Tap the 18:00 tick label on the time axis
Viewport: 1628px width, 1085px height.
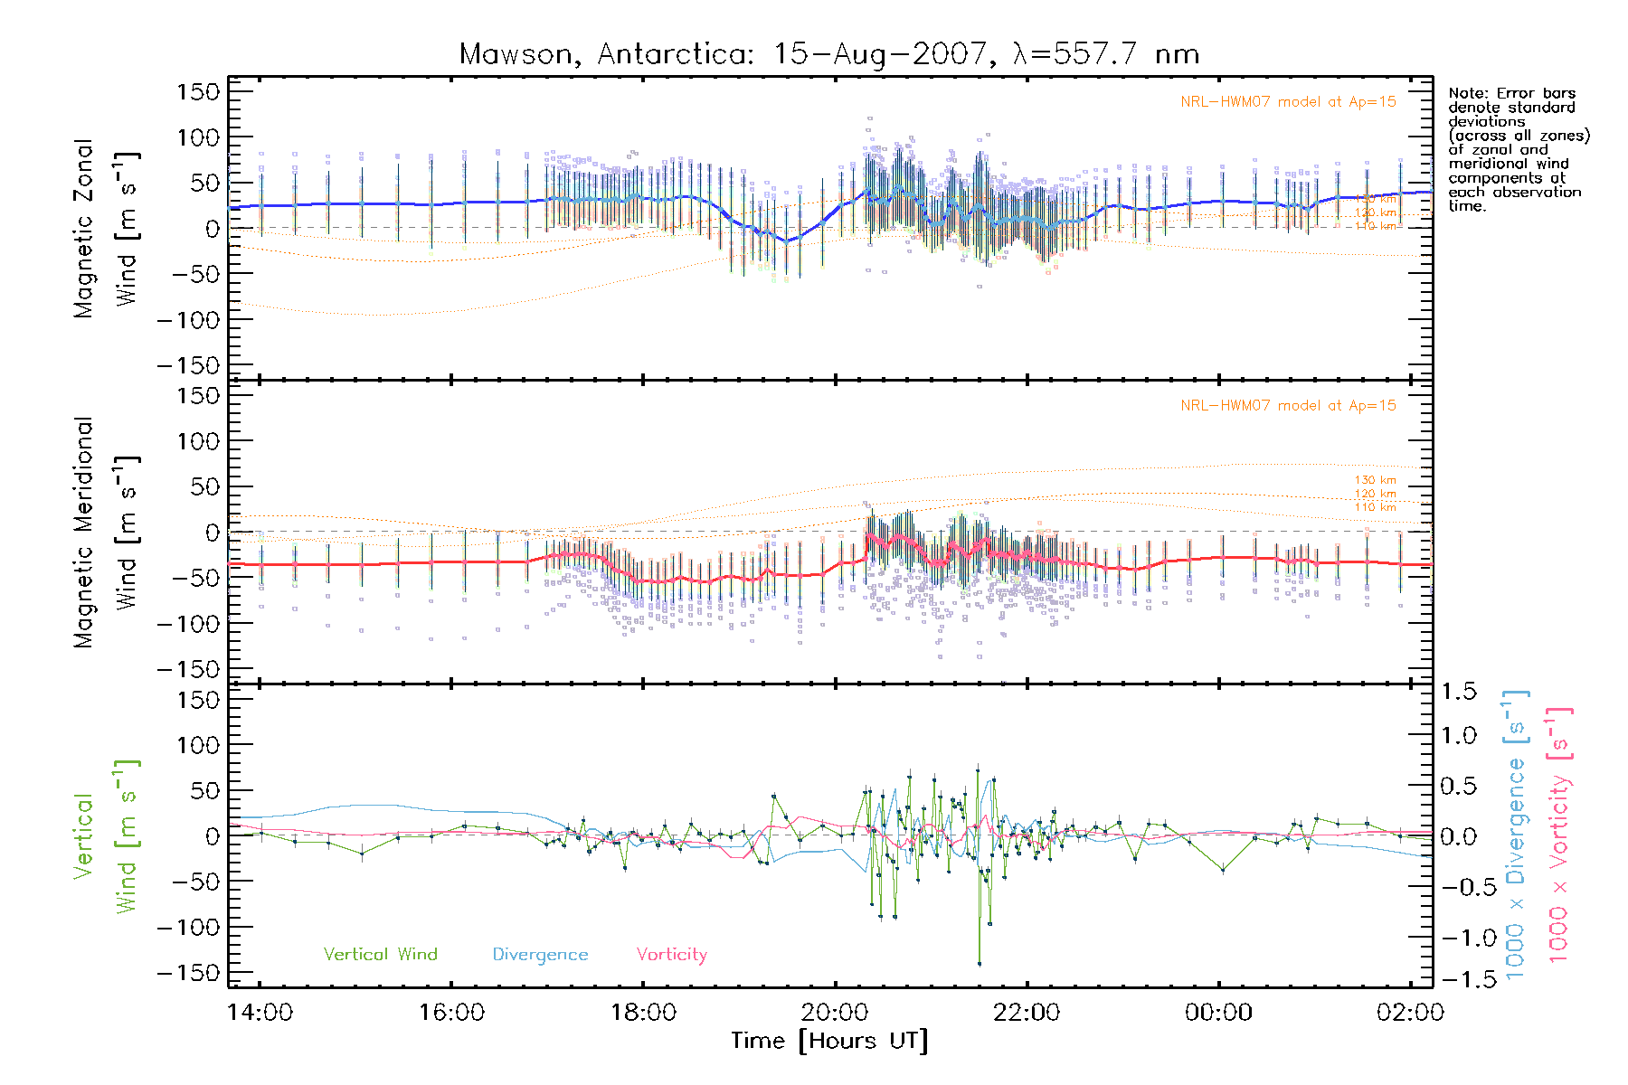pyautogui.click(x=643, y=1012)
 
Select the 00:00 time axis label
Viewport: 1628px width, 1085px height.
pyautogui.click(x=1218, y=1012)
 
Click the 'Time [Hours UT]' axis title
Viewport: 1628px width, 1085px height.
pyautogui.click(x=829, y=1041)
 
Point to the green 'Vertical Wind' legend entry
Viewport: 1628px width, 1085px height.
pyautogui.click(x=380, y=954)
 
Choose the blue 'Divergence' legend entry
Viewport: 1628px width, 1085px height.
pyautogui.click(x=540, y=954)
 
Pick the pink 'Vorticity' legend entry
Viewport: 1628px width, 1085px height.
pyautogui.click(x=671, y=954)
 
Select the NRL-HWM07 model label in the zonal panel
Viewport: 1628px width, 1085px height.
pyautogui.click(x=1288, y=102)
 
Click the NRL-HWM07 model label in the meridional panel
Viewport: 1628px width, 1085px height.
pyautogui.click(x=1288, y=406)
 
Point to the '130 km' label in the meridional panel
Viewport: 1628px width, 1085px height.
pyautogui.click(x=1375, y=480)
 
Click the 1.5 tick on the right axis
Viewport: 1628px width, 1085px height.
pyautogui.click(x=1458, y=692)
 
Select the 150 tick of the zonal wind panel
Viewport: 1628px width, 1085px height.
pyautogui.click(x=198, y=91)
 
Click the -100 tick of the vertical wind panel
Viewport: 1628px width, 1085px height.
pyautogui.click(x=188, y=928)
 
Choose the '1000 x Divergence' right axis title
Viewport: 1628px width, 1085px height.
pyautogui.click(x=1515, y=835)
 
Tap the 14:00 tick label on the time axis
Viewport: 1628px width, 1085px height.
pyautogui.click(x=260, y=1012)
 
